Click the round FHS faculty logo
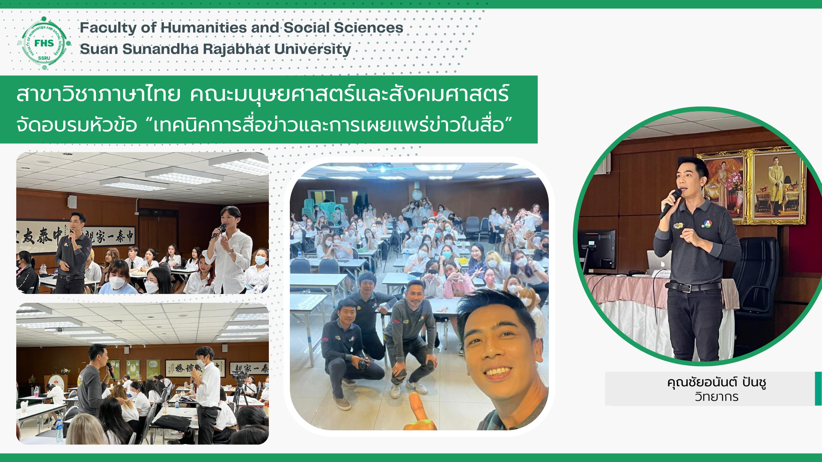[x=44, y=43]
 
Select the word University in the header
[x=313, y=50]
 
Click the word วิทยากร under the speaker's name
[x=716, y=397]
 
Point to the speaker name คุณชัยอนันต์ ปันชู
[x=716, y=382]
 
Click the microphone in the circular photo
[x=670, y=203]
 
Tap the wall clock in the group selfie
[x=417, y=195]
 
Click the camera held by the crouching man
[x=362, y=364]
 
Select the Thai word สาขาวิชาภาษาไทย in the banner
[x=98, y=94]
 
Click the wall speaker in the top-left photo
[x=72, y=202]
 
